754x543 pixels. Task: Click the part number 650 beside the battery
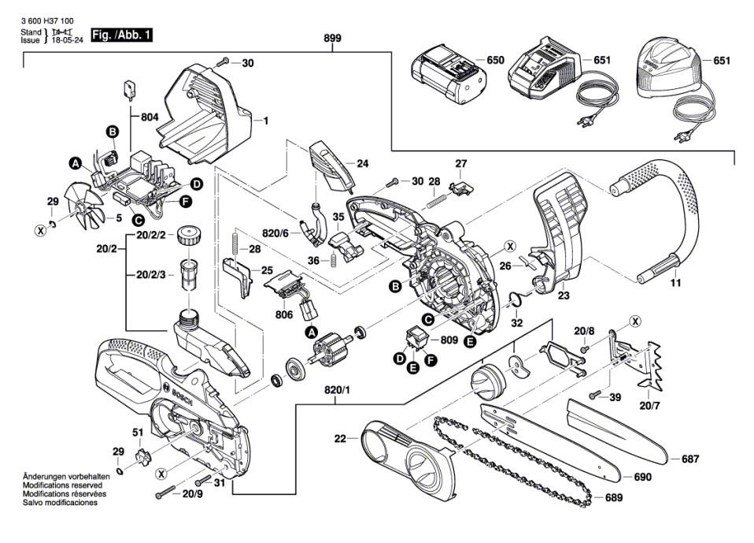pyautogui.click(x=495, y=61)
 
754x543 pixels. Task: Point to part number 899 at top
pyautogui.click(x=332, y=39)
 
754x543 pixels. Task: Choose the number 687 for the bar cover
pyautogui.click(x=689, y=459)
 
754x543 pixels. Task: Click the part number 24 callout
pyautogui.click(x=362, y=164)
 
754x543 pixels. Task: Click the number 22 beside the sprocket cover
pyautogui.click(x=340, y=438)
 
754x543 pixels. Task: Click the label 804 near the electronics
pyautogui.click(x=150, y=117)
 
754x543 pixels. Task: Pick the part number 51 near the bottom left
pyautogui.click(x=138, y=432)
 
